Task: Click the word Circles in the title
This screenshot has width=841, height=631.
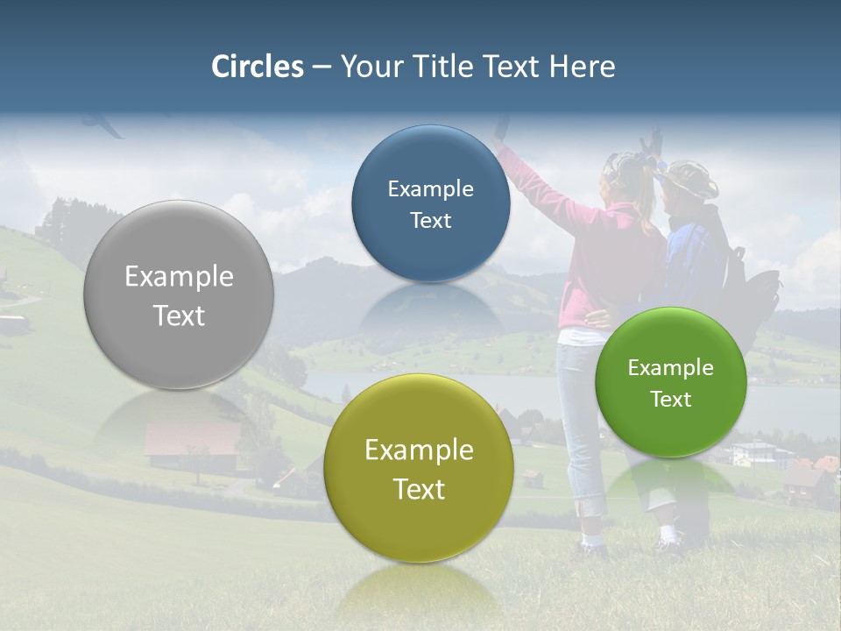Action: [x=257, y=67]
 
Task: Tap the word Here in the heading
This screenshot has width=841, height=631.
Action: [x=582, y=67]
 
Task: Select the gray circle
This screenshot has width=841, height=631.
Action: [x=179, y=295]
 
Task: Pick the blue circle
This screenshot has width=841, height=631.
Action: [x=430, y=204]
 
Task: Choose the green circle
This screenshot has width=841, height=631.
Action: [x=671, y=382]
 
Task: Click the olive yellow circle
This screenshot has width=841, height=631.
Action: [x=419, y=469]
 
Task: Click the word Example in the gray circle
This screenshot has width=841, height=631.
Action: [x=179, y=277]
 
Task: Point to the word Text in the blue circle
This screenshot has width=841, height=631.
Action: [x=430, y=221]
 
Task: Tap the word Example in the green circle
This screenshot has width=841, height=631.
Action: [x=671, y=368]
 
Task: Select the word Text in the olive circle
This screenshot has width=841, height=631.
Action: [x=419, y=489]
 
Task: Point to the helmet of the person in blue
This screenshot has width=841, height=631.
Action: [x=689, y=178]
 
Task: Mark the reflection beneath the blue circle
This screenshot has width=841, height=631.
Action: [x=430, y=311]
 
